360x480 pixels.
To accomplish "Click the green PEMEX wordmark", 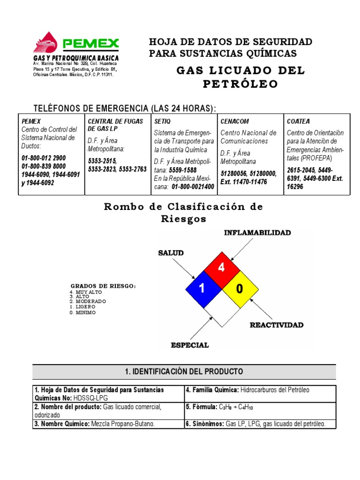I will (91, 44).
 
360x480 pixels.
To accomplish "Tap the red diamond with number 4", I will (222, 268).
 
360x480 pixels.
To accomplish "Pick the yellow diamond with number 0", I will (240, 289).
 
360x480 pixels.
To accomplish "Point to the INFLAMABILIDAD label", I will (257, 232).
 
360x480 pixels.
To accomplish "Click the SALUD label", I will (171, 253).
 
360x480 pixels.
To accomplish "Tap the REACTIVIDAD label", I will (276, 325).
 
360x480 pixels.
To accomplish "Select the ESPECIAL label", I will (189, 345).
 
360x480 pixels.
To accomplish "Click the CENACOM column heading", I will (234, 121).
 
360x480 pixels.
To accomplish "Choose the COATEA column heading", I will (298, 121).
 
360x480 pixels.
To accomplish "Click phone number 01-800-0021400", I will (193, 187).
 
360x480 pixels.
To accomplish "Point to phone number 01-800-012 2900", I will (44, 158).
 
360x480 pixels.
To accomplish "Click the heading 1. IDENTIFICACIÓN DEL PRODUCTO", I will (184, 372).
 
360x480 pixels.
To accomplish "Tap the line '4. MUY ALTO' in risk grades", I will (85, 292).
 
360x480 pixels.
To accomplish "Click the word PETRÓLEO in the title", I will (240, 84).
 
